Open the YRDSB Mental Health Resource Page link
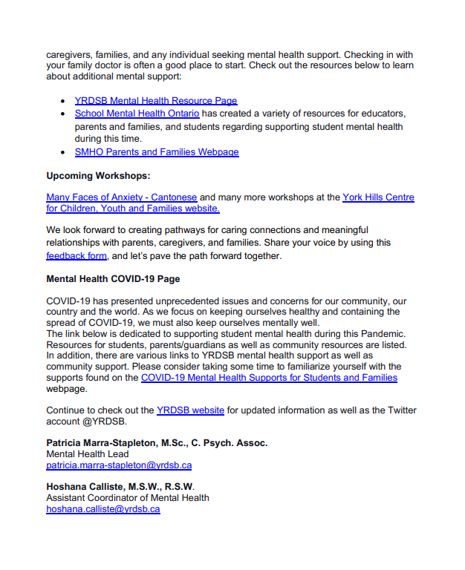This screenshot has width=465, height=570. coord(156,100)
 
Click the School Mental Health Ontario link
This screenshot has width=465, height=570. coord(137,114)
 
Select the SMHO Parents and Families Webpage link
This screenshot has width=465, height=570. coord(157,152)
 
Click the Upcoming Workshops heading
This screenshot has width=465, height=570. coord(98,176)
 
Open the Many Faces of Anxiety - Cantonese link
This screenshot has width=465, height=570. coord(122,197)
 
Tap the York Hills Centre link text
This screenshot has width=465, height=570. coord(378,197)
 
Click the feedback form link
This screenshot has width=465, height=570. coord(77,256)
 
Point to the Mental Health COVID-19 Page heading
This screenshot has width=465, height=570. coord(114,280)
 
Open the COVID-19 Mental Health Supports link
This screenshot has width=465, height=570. coord(269,378)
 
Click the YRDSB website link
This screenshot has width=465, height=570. coord(190,410)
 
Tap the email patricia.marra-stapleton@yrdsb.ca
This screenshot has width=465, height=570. coord(119,465)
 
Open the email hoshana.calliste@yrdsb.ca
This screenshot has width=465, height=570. coord(103,509)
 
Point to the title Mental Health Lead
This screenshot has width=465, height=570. coord(88,454)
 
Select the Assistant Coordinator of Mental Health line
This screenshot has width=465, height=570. coord(128,498)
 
